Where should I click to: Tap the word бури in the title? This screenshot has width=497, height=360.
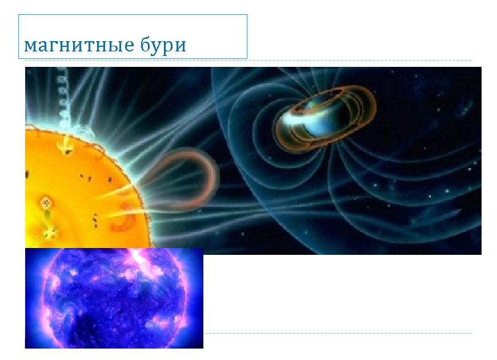coord(162,45)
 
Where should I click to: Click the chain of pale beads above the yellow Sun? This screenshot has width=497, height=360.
coord(60,97)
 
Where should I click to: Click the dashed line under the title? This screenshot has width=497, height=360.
coord(360,60)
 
